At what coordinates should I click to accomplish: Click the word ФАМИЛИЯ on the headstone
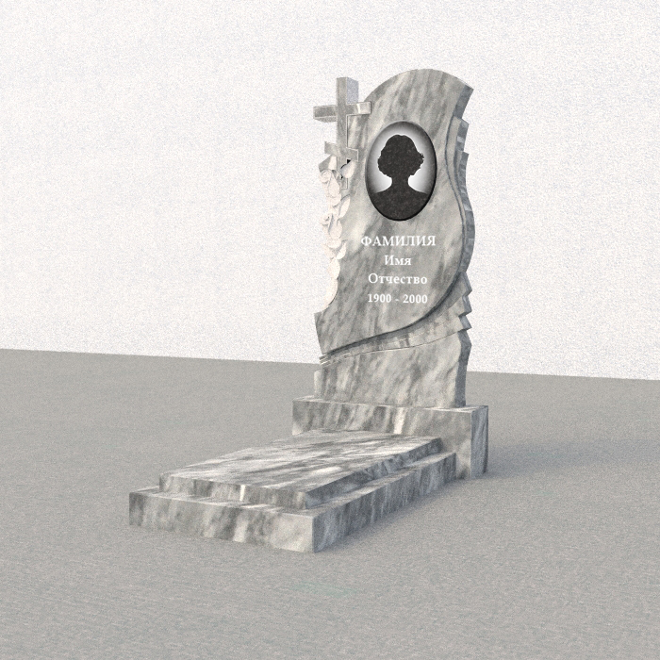(398, 241)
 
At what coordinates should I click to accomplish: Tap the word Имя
(397, 260)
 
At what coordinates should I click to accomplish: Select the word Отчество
(397, 279)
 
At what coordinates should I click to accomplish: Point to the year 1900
(379, 299)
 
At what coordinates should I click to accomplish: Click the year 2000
(415, 299)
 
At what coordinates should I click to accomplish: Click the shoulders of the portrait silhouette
(401, 203)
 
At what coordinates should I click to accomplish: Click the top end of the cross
(346, 80)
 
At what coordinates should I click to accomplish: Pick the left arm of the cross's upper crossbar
(325, 112)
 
